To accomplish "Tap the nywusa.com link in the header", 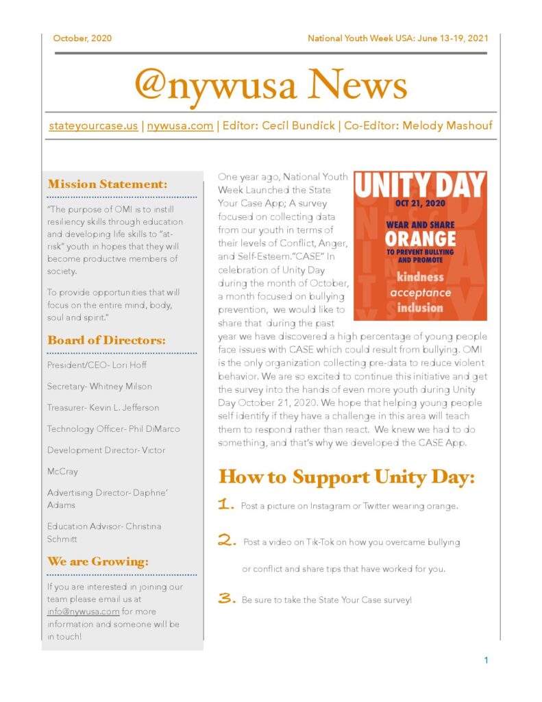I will coord(180,126).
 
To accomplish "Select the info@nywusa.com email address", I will coord(84,612).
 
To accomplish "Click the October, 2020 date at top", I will coord(82,38).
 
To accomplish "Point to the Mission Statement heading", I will coord(108,184).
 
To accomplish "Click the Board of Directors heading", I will coord(107,340).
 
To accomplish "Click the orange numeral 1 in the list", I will coord(226,505).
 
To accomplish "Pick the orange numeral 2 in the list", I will coord(227,541).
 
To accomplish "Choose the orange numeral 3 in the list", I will coord(227,598).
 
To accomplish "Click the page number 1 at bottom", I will coord(486,660).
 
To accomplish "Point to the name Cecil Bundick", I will coord(298,126).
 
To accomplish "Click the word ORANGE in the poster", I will coord(420,239).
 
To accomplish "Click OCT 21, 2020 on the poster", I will coord(420,203).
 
